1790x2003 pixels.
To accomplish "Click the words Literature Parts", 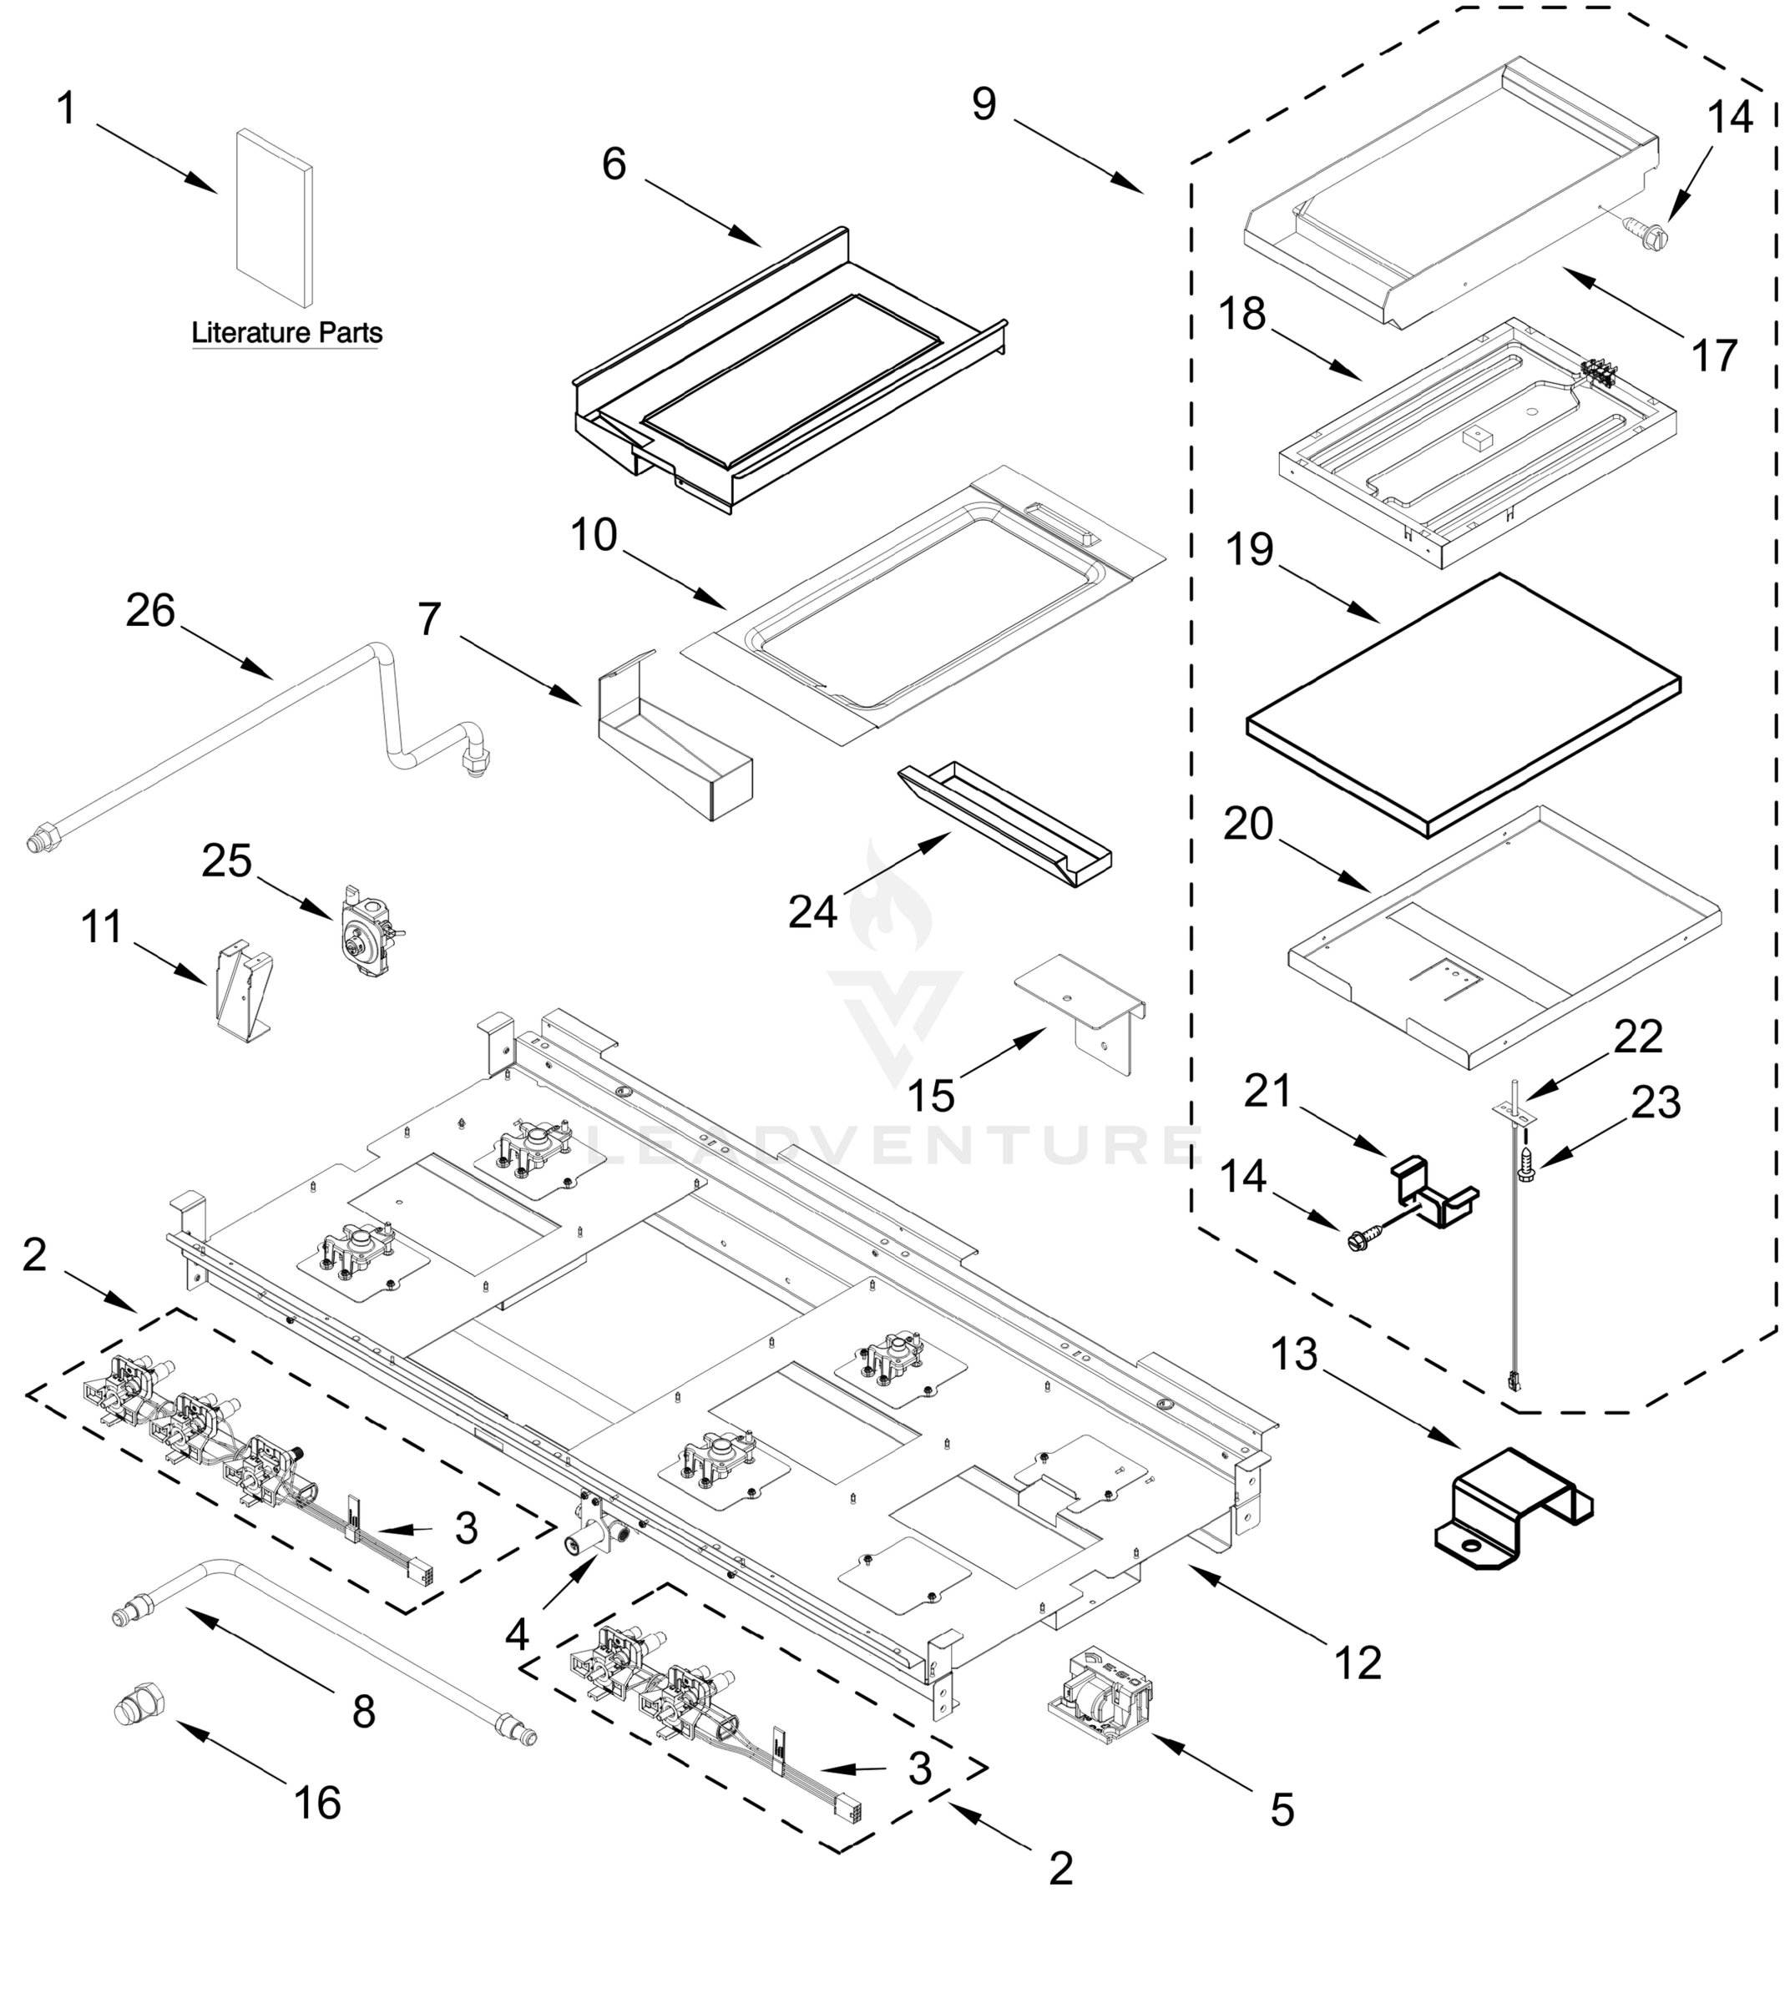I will tap(286, 332).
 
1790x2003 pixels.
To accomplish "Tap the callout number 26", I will tap(150, 611).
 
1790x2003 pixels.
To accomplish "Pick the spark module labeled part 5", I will tap(1100, 1696).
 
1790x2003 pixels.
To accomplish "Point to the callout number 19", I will tap(1249, 551).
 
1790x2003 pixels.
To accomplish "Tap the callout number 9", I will tap(983, 104).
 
